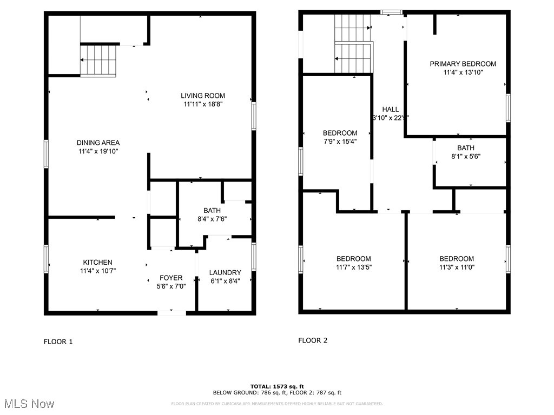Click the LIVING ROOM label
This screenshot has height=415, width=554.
[x=202, y=96]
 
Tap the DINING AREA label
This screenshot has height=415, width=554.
[x=98, y=143]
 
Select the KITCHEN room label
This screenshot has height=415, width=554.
[x=97, y=262]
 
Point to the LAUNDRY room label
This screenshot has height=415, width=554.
[x=225, y=272]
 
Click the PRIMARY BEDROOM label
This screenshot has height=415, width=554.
[x=463, y=64]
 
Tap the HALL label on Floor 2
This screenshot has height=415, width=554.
[x=390, y=109]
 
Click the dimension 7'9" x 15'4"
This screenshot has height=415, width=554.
[x=340, y=142]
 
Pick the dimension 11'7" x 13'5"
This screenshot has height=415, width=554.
[x=354, y=267]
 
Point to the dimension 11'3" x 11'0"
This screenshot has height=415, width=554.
[x=456, y=267]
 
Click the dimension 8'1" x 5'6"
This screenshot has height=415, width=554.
[x=465, y=156]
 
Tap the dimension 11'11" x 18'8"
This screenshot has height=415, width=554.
[x=202, y=104]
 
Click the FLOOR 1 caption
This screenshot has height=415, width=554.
[x=58, y=342]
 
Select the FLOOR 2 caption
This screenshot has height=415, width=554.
[x=313, y=340]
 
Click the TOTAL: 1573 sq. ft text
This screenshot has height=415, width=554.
[x=276, y=386]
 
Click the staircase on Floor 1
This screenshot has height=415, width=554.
[x=98, y=61]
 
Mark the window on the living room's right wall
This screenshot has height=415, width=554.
[x=253, y=116]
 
